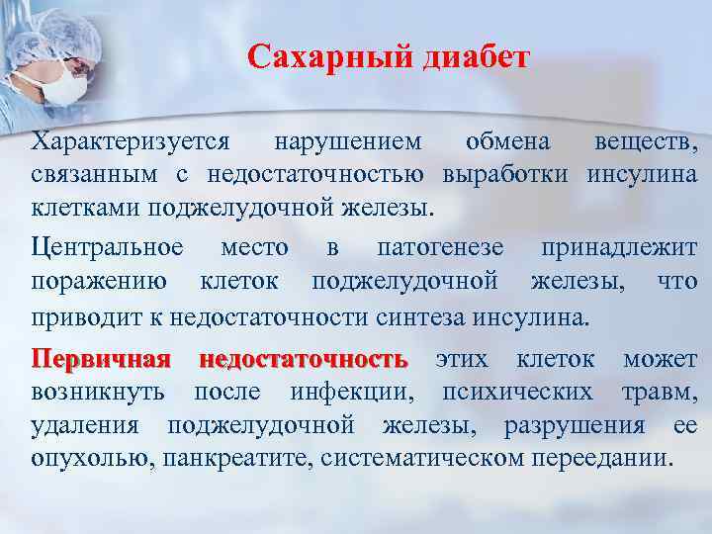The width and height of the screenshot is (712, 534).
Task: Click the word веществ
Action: (x=644, y=142)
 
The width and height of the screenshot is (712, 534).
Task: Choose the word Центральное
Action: (x=107, y=246)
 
